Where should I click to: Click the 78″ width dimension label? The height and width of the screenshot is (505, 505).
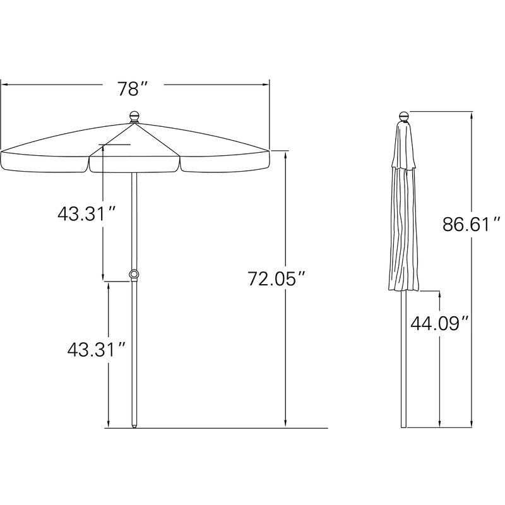coord(133,89)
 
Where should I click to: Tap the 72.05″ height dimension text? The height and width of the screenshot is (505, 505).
coord(276,278)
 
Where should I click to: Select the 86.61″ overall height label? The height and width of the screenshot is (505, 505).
coord(472,224)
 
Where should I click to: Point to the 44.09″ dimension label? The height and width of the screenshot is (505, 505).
coord(439,323)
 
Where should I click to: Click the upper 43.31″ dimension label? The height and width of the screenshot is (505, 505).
coord(86,213)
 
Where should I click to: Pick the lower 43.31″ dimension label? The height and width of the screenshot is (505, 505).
coord(97,350)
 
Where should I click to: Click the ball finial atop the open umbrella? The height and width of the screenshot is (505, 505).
coord(134,117)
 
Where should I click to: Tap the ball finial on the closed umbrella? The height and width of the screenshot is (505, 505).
coord(403,116)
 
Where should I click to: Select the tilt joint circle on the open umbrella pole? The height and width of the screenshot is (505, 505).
coord(134,274)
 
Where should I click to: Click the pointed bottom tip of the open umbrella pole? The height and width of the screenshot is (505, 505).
coord(134,427)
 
